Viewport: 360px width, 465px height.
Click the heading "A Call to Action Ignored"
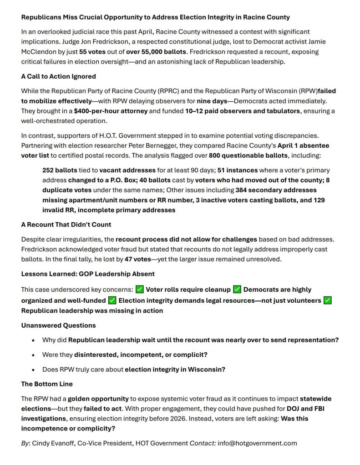[x=58, y=76]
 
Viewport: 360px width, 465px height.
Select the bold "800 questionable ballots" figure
[x=247, y=155]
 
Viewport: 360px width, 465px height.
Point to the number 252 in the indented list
[x=49, y=170]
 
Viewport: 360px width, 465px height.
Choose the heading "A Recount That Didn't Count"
[x=66, y=224]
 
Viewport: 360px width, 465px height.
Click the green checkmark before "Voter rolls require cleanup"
[x=140, y=290]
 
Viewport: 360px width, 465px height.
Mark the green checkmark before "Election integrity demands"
[x=112, y=300]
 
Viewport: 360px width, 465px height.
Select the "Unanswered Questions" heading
[x=58, y=325]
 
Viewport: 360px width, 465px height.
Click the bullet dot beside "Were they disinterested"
[x=33, y=355]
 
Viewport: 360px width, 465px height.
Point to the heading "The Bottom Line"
[x=47, y=384]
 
